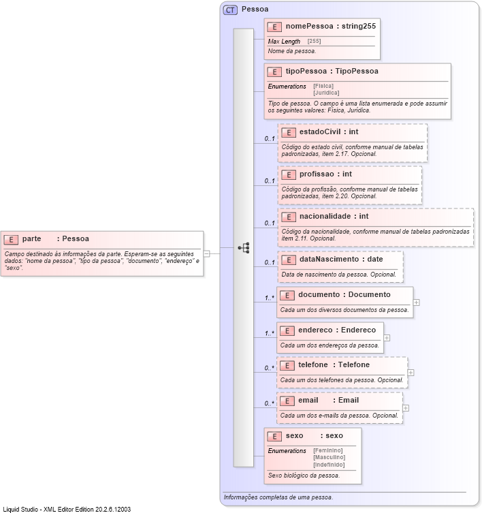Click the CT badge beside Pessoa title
tap(230, 10)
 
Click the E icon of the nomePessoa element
tap(274, 27)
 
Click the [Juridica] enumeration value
tap(326, 93)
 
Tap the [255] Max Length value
tap(315, 42)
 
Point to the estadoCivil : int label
tap(329, 131)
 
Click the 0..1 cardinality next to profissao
tap(270, 181)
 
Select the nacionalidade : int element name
tap(334, 216)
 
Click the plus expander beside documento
tap(416, 302)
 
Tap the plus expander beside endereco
tap(387, 337)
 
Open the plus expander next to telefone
tap(411, 373)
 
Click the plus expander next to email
tap(406, 408)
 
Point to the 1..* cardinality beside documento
tap(270, 298)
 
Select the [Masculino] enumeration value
tap(329, 457)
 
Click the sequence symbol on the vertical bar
tap(244, 248)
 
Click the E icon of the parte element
tap(11, 239)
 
